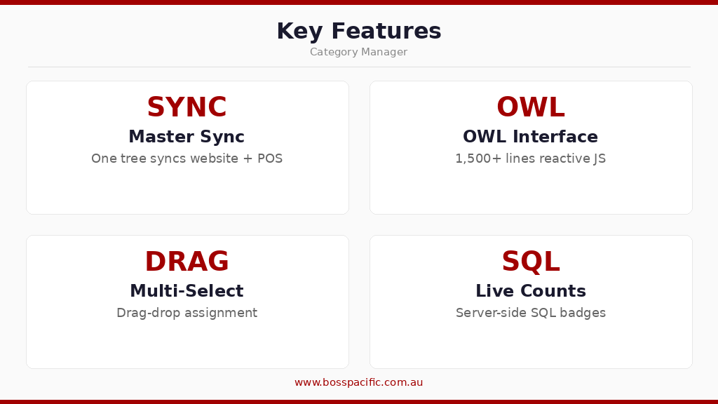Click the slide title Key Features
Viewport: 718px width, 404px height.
[358, 32]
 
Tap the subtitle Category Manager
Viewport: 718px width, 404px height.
[358, 52]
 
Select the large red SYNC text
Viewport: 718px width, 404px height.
[187, 108]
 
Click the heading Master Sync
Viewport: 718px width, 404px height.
[187, 137]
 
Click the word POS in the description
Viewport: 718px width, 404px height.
[270, 159]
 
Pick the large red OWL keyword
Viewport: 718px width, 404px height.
[530, 108]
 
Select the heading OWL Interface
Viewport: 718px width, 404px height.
[530, 137]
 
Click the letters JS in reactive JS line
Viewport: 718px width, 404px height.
[599, 159]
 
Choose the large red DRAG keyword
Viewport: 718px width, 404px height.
[187, 262]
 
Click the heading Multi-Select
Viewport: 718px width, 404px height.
[187, 291]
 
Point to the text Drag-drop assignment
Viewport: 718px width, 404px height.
[187, 313]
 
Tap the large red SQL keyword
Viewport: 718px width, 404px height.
[530, 262]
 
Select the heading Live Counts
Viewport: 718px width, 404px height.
[530, 291]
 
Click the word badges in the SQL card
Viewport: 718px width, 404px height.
[584, 313]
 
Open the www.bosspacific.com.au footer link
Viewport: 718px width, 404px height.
[358, 382]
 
